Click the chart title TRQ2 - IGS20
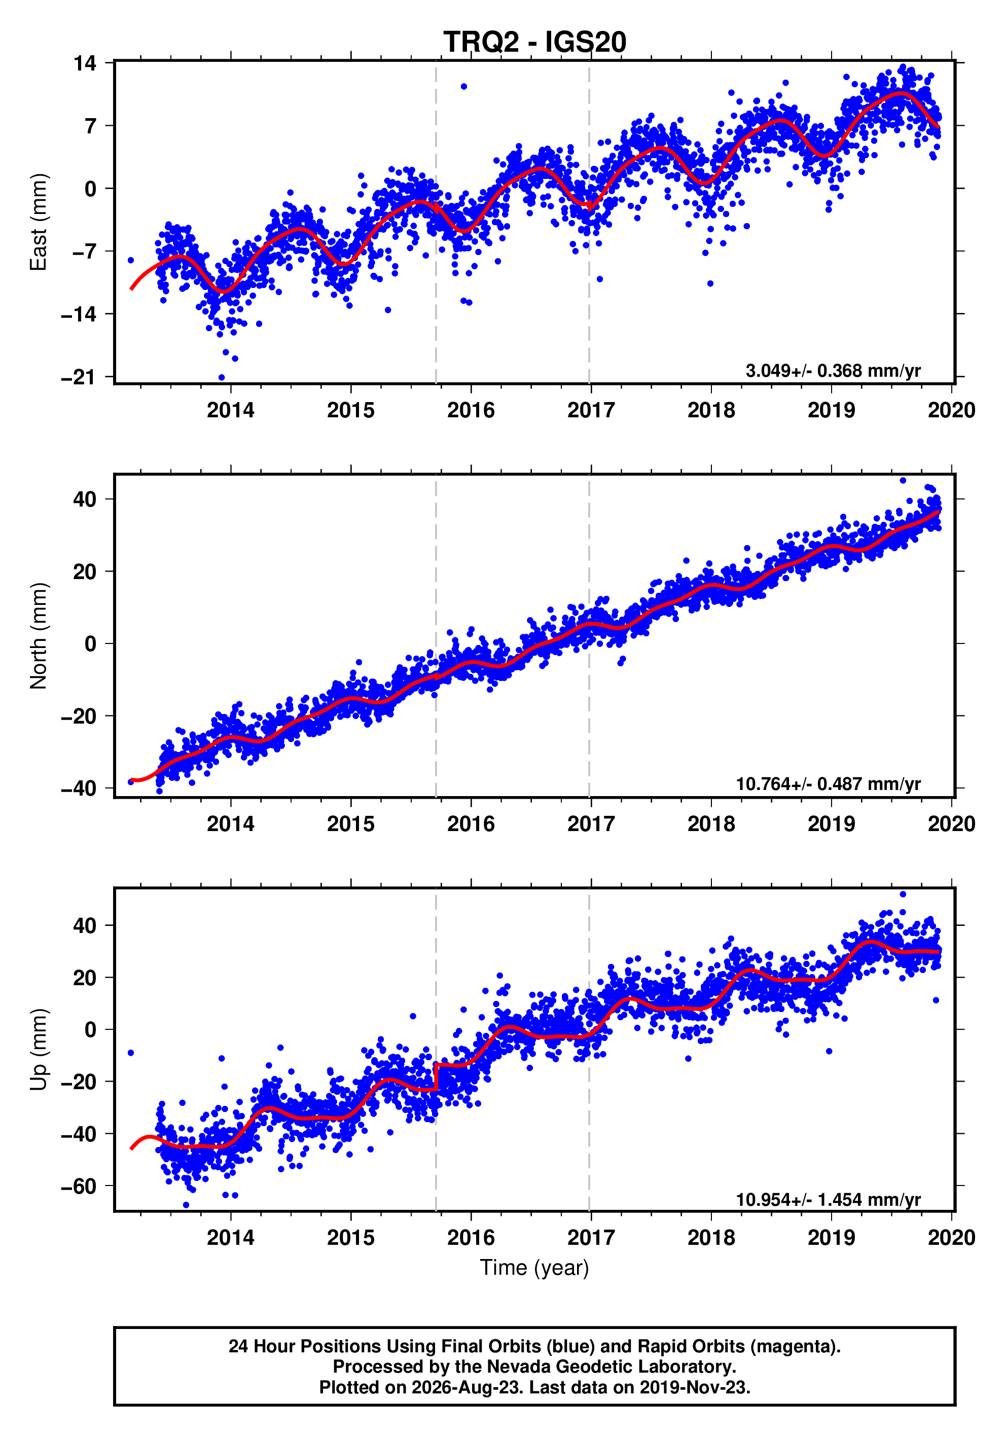tap(534, 42)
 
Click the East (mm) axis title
tap(38, 222)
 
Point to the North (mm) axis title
tap(38, 636)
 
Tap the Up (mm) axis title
tap(38, 1049)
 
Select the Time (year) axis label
tap(534, 1267)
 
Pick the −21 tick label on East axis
tap(79, 377)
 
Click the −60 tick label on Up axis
tap(79, 1186)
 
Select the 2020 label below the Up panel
tap(951, 1237)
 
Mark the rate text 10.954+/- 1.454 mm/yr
tap(828, 1199)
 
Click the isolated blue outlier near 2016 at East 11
tap(463, 86)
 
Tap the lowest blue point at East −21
tap(222, 377)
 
